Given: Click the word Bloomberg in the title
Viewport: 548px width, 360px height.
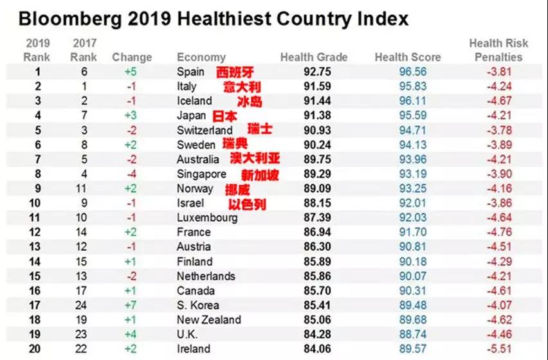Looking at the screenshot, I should tap(69, 19).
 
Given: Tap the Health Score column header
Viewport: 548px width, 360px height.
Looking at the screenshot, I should tap(408, 57).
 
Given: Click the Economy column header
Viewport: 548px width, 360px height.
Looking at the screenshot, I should tap(201, 57).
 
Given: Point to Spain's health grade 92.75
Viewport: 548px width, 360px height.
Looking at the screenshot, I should tap(318, 72).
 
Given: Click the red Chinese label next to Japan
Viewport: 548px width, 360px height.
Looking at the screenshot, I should tap(224, 116).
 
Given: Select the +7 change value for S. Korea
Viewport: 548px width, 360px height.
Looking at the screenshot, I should tap(131, 305).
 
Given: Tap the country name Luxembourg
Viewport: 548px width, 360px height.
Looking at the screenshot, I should tap(207, 218).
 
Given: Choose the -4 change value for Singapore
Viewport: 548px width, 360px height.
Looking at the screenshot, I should tap(131, 174).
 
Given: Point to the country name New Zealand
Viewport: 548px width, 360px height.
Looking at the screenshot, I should tap(209, 320).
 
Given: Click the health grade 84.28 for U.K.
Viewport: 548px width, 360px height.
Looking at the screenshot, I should tap(318, 335).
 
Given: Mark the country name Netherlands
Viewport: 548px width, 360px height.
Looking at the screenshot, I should tap(206, 276).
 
